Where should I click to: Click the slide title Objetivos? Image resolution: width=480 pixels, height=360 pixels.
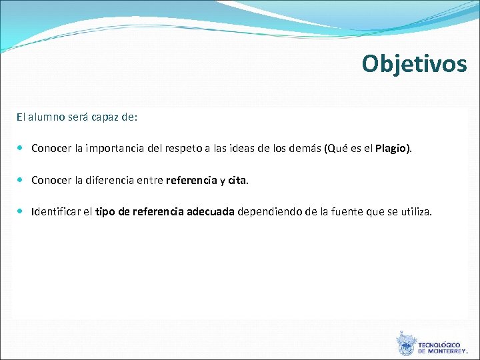point(414,63)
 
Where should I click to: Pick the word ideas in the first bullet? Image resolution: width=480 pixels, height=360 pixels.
point(245,148)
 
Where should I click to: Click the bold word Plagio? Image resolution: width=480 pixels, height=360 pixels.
point(391,148)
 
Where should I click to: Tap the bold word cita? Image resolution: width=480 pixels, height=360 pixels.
point(237,180)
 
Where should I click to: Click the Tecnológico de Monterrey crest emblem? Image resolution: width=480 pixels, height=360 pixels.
point(405,345)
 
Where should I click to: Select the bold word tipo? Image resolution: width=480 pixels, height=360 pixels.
point(106,212)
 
